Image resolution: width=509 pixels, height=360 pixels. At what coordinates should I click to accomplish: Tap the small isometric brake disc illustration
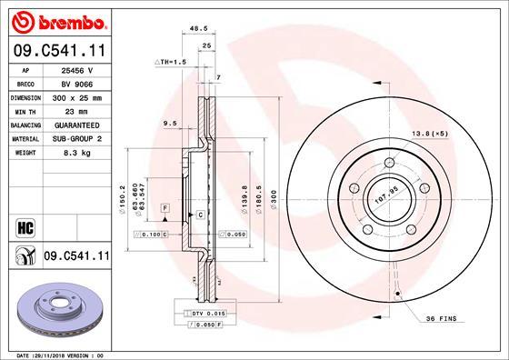56,311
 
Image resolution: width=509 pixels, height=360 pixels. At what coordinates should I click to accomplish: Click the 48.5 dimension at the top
194,29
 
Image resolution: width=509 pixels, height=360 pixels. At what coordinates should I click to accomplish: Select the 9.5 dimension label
169,124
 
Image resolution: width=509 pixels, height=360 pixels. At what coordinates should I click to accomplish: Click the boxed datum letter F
165,209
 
